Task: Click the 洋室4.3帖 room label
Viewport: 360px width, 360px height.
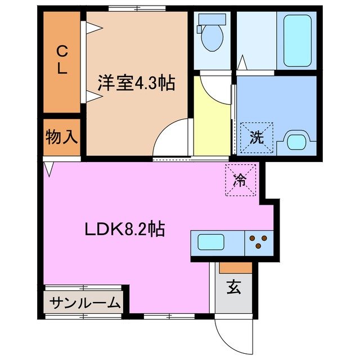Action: pyautogui.click(x=136, y=84)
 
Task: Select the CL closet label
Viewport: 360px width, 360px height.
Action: pyautogui.click(x=62, y=61)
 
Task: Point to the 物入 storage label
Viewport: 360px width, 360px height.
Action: pyautogui.click(x=62, y=137)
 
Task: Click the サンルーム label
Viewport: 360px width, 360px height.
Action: pyautogui.click(x=85, y=303)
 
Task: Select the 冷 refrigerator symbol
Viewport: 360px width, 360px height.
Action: pyautogui.click(x=240, y=180)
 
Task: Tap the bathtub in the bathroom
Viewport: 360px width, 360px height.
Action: pyautogui.click(x=297, y=40)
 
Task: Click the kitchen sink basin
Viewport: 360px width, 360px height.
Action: pyautogui.click(x=211, y=243)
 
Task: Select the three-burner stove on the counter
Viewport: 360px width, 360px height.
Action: pyautogui.click(x=259, y=242)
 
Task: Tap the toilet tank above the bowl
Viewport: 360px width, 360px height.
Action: pyautogui.click(x=212, y=19)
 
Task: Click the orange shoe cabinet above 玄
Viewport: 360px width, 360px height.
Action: pyautogui.click(x=235, y=267)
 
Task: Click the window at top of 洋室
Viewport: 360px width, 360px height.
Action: pyautogui.click(x=137, y=8)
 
